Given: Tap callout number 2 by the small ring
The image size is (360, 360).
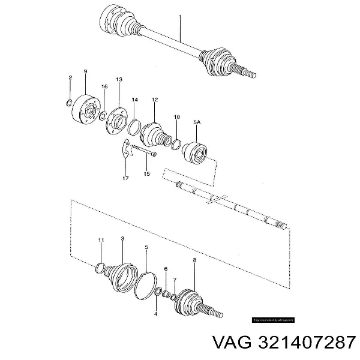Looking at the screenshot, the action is pos(70,79).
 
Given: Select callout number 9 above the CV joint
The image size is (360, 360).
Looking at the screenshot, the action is pos(85,72).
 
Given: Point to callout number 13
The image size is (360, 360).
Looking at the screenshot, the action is pos(119,79).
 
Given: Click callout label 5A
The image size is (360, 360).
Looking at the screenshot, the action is pos(196,122).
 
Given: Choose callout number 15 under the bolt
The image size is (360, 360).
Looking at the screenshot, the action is pos(146,174).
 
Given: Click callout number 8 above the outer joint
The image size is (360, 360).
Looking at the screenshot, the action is pos(194,260).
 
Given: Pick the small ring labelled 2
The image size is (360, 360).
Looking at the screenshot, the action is pos(70,101).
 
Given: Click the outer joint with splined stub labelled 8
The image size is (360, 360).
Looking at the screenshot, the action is pos(191,294).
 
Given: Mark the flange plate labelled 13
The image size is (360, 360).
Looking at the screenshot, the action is pos(116,117).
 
